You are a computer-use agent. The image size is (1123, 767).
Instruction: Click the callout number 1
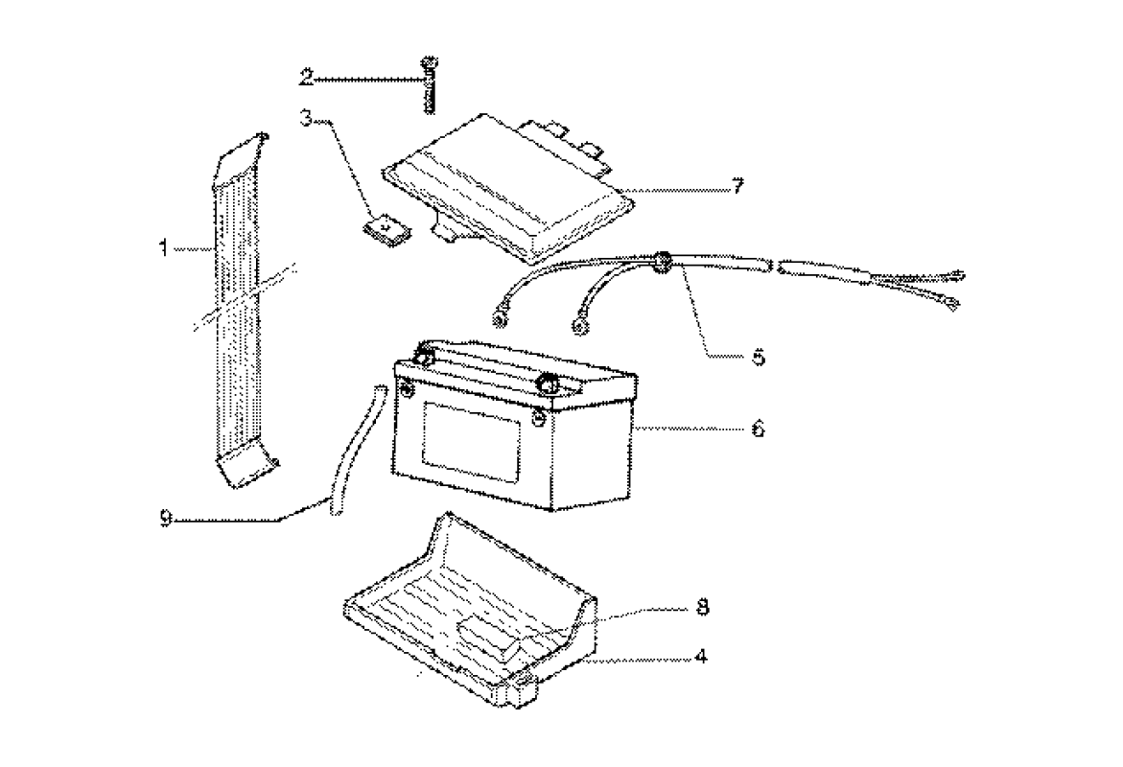coord(166,249)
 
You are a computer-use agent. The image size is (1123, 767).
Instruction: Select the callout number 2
coord(305,76)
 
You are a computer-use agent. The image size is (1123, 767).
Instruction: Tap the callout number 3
coord(306,120)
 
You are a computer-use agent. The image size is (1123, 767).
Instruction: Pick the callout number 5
coord(758,357)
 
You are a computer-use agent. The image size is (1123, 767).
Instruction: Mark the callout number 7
coord(737,186)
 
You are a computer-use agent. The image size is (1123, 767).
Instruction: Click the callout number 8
coord(702,609)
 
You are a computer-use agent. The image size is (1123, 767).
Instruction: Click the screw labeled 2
coord(429,86)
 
